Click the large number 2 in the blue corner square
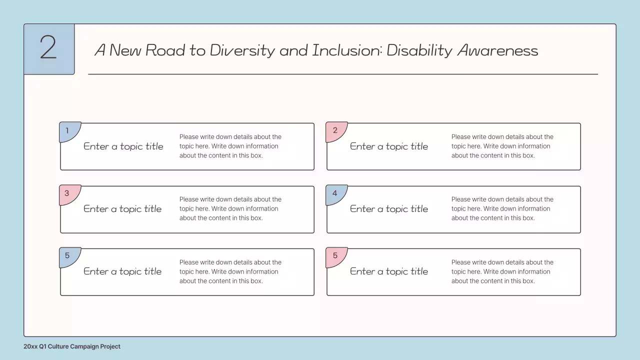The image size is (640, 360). pos(48,48)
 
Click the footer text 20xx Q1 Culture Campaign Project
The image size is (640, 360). pos(72,346)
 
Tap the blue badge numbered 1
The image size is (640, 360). pos(68,131)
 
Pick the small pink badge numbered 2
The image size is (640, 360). pos(334,131)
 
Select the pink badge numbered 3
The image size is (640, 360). pos(68,194)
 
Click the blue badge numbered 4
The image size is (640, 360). pos(334,194)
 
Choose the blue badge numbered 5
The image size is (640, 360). pos(68,256)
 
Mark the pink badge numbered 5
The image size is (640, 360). pos(334,256)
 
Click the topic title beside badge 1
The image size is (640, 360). pos(123,146)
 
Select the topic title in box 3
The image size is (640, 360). pos(122,209)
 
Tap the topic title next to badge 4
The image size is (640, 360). pos(389,209)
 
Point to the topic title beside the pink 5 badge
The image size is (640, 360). pos(389,271)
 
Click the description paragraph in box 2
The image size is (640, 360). pos(502,146)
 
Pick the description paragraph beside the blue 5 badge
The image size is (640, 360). pos(230,271)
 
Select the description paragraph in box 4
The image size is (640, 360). pos(502,208)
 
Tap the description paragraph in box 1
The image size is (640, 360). pos(230,146)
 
